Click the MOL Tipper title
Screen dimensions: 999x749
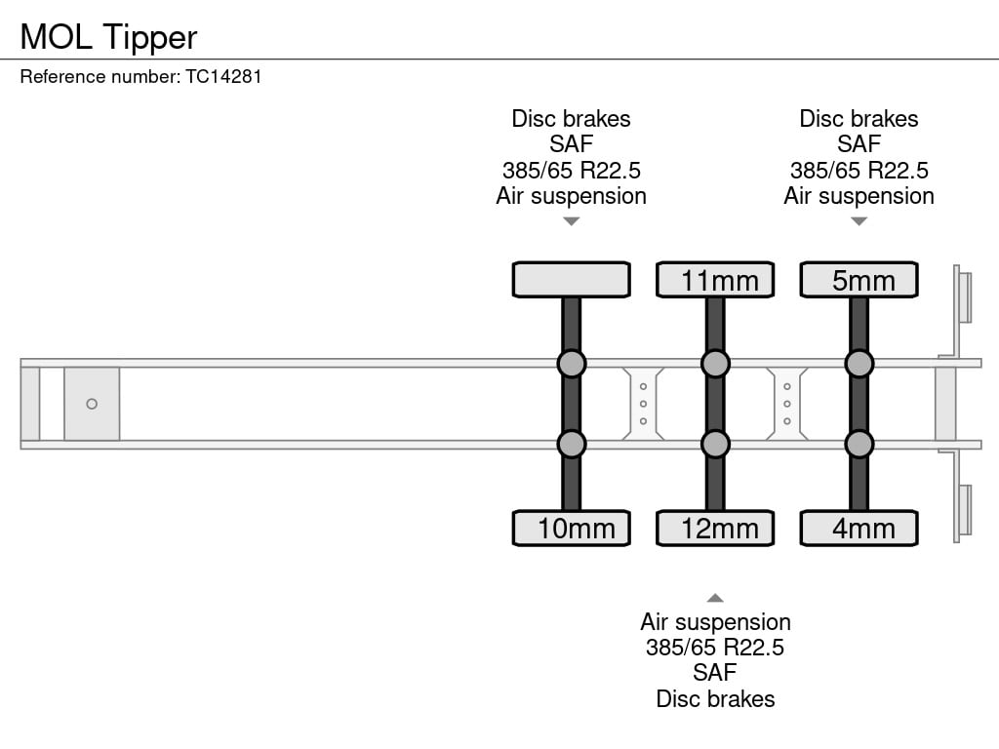pos(108,38)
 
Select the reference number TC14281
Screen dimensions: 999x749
pos(223,77)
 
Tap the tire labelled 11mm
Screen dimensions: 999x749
pos(715,280)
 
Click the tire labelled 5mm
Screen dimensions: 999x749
pos(859,280)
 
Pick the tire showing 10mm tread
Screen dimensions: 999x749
pos(572,528)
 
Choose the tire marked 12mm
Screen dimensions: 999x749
pos(715,528)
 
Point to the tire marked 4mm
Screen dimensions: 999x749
pos(859,528)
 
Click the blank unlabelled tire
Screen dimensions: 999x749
pos(572,280)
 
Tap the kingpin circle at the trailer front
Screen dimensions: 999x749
pos(92,404)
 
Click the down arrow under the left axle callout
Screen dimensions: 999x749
pos(572,221)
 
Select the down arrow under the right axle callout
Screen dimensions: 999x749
pos(859,221)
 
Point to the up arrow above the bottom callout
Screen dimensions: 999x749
pos(715,598)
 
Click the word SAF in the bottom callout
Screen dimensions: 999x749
pos(715,673)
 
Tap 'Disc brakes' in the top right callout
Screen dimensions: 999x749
pos(859,118)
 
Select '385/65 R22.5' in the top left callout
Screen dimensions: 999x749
pos(572,170)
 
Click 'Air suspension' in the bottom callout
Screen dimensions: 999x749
pos(715,621)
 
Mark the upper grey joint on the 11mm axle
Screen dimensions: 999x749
pos(715,364)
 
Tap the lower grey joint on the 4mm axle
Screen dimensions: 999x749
pos(859,444)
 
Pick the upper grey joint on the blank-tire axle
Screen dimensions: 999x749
pos(572,364)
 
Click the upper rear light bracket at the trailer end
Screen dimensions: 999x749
pos(962,297)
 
